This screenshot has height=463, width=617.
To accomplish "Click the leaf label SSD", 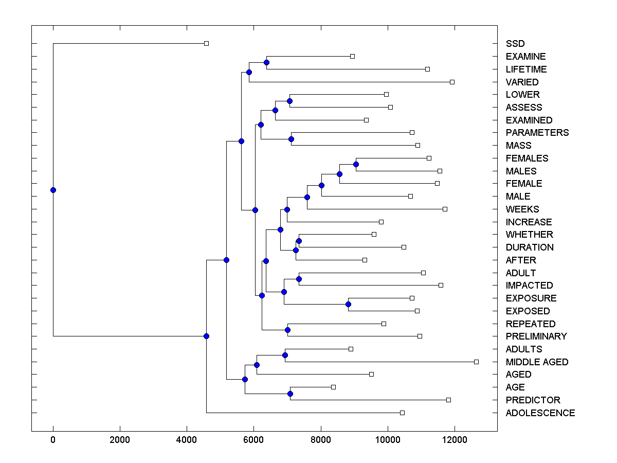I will [x=515, y=44].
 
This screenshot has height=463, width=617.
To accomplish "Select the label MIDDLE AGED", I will [x=537, y=362].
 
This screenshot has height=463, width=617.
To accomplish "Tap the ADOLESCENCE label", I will [x=540, y=413].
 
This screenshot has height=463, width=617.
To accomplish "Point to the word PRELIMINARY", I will [x=536, y=336].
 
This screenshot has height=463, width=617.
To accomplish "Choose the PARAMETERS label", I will [x=537, y=132].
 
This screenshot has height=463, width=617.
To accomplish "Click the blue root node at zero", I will [x=53, y=190].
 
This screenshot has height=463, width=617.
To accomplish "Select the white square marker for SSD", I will [x=206, y=44].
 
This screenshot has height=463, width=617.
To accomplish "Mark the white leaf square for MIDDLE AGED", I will [x=476, y=362].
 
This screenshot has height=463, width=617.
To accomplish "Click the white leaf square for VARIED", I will [x=452, y=82].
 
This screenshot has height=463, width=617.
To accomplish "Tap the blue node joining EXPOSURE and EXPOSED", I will [x=348, y=304].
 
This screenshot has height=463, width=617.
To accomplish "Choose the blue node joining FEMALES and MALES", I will [x=356, y=165].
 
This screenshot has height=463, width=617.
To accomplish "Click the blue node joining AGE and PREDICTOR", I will [x=290, y=394].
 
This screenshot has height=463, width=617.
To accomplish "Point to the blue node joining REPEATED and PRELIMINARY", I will [x=287, y=330].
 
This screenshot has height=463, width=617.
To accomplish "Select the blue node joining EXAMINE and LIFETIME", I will [x=266, y=63].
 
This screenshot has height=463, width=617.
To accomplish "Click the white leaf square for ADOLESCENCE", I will [x=402, y=413].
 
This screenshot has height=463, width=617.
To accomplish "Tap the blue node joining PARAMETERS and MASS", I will [x=291, y=139].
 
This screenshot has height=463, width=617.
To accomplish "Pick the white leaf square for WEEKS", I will [x=445, y=209].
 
